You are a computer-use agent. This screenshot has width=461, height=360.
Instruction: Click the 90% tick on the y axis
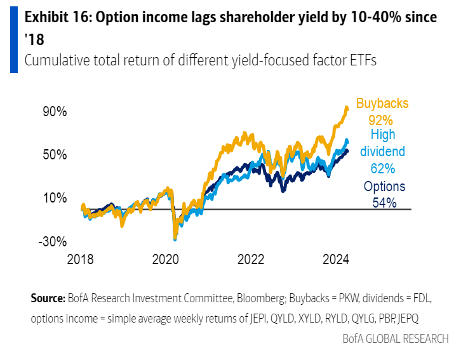click(x=54, y=111)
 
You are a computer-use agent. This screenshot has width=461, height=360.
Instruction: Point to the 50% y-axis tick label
click(x=54, y=154)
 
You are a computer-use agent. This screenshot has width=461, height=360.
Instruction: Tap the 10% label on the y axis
click(x=54, y=198)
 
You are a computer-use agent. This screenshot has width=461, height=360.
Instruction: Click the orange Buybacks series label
click(x=382, y=103)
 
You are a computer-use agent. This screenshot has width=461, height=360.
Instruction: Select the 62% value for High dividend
click(x=383, y=168)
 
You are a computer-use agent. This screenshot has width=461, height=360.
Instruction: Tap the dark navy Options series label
click(x=384, y=187)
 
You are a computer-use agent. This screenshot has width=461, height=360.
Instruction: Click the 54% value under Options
click(x=384, y=203)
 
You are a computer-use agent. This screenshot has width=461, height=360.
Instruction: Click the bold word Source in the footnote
click(x=47, y=298)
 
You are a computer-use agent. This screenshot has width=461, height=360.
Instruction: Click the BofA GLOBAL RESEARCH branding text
click(x=394, y=338)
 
